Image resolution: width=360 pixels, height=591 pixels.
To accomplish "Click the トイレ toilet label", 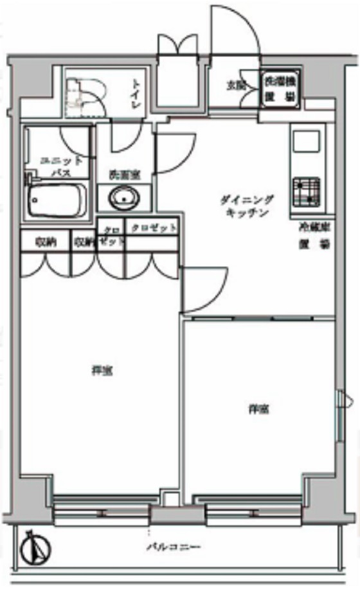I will click(x=137, y=94).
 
